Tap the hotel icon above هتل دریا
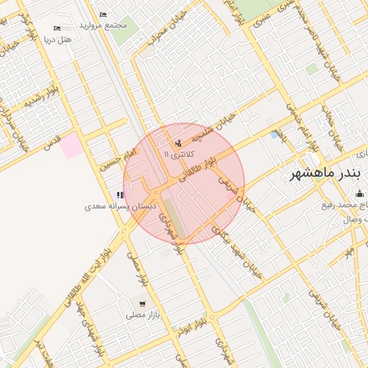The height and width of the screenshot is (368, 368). (57, 29)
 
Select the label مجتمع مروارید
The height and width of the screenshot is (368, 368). (106, 25)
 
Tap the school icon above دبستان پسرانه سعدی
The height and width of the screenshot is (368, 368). (119, 195)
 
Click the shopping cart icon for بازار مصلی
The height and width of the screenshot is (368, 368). (142, 304)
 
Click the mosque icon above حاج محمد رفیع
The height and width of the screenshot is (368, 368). (359, 193)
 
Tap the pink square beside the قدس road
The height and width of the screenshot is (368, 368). (70, 146)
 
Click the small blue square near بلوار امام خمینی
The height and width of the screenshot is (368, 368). (275, 134)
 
